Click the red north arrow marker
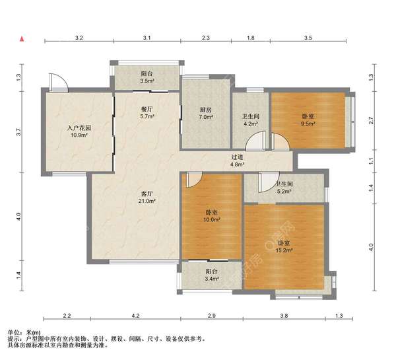tap(22, 39)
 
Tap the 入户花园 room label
tap(79, 128)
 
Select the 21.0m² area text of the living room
tap(147, 201)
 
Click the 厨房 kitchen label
tap(205, 110)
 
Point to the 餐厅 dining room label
tap(147, 109)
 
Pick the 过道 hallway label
tap(238, 157)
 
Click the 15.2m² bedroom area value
tap(284, 250)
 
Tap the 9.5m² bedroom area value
tap(308, 124)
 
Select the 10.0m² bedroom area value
tap(211, 219)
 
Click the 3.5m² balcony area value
tap(147, 81)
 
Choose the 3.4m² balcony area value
tap(211, 279)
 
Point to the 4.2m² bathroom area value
tap(251, 124)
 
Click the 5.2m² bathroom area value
tap(284, 192)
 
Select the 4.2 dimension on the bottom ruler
tap(135, 316)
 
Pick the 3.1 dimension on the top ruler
tap(147, 38)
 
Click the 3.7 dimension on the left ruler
tap(18, 132)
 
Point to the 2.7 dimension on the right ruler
tap(371, 120)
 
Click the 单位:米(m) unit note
tap(24, 332)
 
